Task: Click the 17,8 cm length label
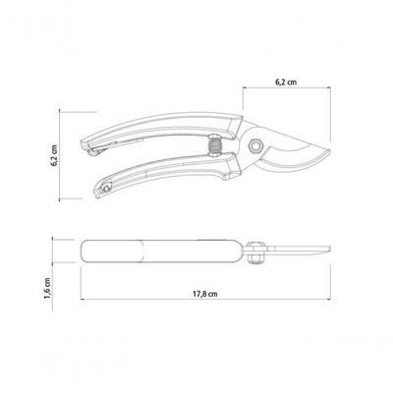204,294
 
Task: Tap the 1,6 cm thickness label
48,288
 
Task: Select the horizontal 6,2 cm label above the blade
286,82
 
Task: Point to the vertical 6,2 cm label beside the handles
54,155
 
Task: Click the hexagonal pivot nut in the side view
255,146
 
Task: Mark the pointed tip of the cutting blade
329,150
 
